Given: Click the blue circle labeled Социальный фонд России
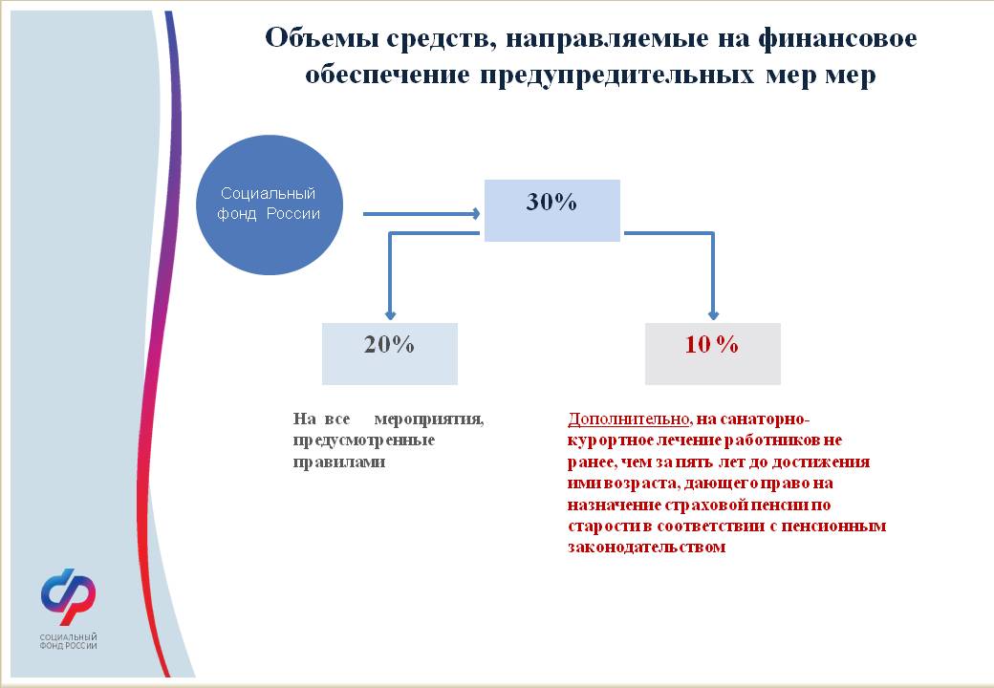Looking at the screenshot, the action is click(270, 204).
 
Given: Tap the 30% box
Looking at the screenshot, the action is click(552, 210).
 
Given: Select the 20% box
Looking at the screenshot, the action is click(390, 354).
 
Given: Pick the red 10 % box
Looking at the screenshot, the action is click(713, 354).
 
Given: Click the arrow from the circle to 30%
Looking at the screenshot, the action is click(421, 214).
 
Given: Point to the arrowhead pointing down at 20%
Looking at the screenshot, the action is click(391, 315).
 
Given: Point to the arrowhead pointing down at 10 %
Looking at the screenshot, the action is click(713, 315).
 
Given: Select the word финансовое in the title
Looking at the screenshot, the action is click(837, 38).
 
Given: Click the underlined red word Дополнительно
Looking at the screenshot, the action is click(628, 419).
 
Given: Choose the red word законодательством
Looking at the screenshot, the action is click(647, 547).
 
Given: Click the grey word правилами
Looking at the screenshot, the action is click(339, 462).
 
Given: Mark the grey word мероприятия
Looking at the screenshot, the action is click(429, 419).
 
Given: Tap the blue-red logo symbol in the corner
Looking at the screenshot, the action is click(69, 595).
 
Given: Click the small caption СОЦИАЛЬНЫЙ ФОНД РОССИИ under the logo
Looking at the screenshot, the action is click(69, 641).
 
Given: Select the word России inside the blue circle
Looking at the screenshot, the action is click(292, 213).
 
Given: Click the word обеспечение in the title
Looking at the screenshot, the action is click(387, 75).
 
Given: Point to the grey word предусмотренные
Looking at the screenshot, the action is click(364, 441).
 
